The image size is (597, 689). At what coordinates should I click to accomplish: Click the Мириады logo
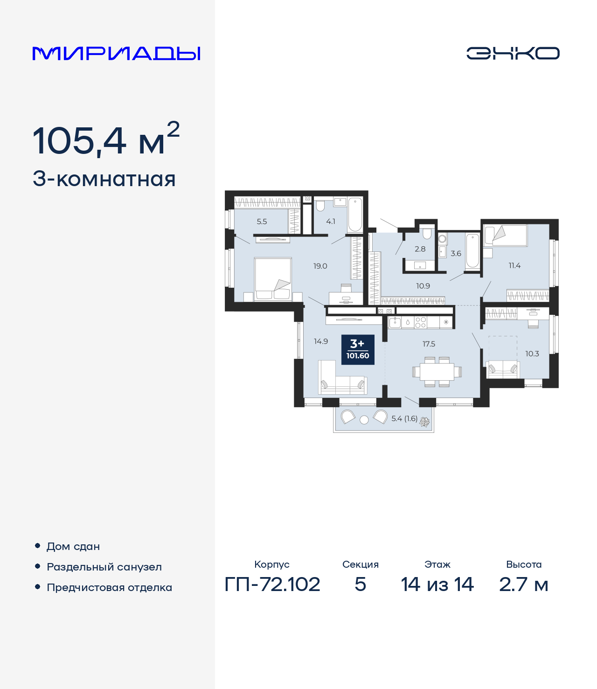116,54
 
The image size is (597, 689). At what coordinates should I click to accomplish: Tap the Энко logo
513,53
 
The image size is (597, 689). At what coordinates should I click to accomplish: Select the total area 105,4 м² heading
106,139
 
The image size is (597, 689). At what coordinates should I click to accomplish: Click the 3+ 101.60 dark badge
358,350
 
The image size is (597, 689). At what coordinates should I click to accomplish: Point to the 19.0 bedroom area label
320,266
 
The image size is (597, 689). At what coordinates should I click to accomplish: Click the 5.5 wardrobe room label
262,222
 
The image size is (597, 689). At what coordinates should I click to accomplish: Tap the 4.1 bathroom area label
330,221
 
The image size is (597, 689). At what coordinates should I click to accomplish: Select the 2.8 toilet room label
420,249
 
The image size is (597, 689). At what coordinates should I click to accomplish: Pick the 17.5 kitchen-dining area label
429,344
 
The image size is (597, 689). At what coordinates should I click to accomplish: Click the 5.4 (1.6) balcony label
404,418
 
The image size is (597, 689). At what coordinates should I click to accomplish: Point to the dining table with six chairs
437,372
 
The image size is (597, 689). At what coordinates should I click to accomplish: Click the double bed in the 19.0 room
273,279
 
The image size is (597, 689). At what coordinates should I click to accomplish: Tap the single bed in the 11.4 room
506,235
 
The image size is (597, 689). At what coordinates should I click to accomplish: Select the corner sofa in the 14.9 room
343,377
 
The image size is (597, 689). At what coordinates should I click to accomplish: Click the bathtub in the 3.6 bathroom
472,251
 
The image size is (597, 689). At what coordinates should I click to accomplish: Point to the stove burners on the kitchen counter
420,323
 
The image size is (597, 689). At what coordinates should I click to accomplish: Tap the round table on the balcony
364,420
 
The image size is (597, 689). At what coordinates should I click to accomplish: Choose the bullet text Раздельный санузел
104,567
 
